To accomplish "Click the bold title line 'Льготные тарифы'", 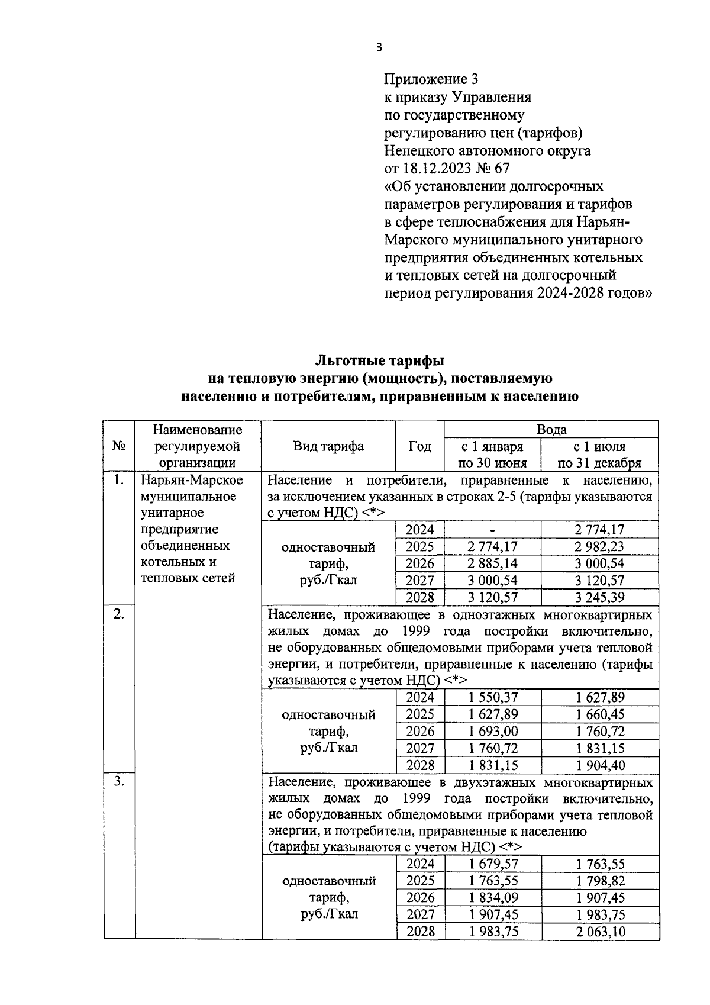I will (379, 360).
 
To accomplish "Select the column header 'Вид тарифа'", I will (328, 446).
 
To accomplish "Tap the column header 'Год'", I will (419, 446).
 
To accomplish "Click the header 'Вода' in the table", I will (551, 430).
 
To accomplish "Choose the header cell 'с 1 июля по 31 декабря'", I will (599, 455).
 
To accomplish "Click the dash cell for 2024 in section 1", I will (492, 530).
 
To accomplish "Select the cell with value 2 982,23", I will (600, 547).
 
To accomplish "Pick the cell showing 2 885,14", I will (492, 563).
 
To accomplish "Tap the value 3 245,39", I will (600, 597).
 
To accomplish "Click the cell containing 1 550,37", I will (492, 698).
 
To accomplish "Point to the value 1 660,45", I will (600, 714).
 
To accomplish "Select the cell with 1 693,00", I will (492, 732).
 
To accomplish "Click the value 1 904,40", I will (600, 765).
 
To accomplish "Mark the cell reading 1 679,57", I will (492, 865).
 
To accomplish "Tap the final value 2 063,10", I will (600, 932).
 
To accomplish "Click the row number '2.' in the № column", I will (119, 614).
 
